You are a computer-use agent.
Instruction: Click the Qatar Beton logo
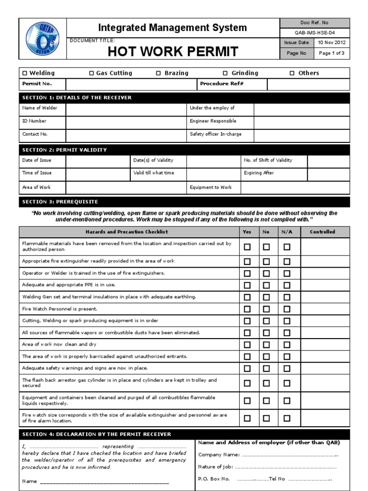tap(42, 39)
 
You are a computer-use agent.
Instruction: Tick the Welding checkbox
tap(25, 73)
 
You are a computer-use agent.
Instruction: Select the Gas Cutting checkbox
tap(92, 73)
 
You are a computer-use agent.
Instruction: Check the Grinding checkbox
tap(225, 73)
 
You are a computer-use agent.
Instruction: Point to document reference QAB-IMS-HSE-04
tap(315, 32)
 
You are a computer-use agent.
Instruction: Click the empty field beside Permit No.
tap(131, 83)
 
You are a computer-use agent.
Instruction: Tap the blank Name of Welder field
tap(126, 108)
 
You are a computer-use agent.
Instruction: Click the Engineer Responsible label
tap(213, 121)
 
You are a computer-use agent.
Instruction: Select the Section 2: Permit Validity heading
tap(65, 150)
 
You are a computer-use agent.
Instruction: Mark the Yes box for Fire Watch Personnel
tap(247, 309)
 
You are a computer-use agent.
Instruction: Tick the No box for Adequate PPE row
tap(266, 285)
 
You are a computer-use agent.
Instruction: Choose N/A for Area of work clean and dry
tap(287, 345)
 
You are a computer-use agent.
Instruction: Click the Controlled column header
tap(322, 232)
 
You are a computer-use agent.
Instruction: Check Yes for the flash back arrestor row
tap(247, 383)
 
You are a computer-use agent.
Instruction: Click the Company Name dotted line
tap(288, 455)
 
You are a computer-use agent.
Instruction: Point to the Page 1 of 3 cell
tap(332, 53)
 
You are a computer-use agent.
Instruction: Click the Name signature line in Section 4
tap(104, 481)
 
